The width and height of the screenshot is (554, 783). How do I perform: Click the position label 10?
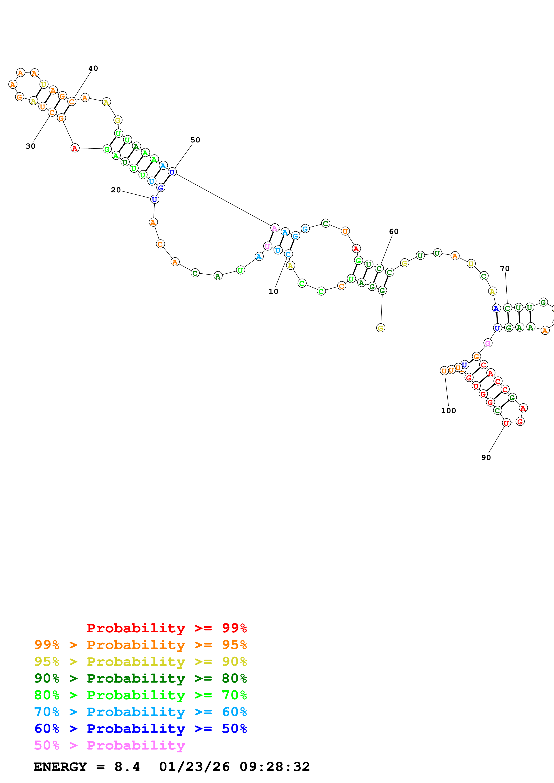coord(273,292)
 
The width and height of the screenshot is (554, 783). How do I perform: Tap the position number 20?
coord(116,190)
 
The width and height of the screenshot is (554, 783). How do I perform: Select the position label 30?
coord(30,146)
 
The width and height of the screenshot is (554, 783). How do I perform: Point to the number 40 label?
coord(93,68)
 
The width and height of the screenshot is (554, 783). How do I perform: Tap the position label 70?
coord(505,269)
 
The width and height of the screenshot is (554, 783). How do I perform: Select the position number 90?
coord(486,458)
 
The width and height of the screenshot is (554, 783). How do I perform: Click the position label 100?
coord(448,411)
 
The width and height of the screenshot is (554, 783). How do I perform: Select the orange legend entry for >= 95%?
coord(140,645)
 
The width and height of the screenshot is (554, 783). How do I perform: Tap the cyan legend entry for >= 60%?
coord(140,712)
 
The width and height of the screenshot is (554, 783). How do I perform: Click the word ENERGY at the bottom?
coord(60,767)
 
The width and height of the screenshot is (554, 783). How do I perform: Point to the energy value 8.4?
coord(127,767)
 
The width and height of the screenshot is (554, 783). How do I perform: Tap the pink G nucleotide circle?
coord(488,343)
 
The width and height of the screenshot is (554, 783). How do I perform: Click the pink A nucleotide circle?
coord(274,228)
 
